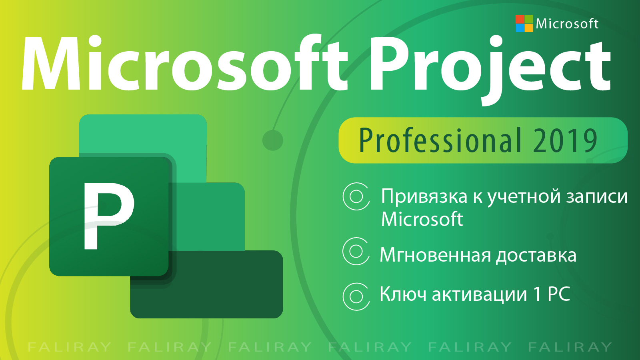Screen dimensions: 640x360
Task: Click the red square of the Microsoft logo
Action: (x=520, y=19)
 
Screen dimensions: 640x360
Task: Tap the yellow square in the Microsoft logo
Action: (x=529, y=28)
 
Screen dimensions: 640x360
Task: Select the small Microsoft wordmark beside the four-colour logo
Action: (x=567, y=24)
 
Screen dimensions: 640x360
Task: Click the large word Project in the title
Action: (x=490, y=68)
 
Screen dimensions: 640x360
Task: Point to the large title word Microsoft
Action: (x=184, y=62)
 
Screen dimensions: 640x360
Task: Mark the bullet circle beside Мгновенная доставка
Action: (x=356, y=252)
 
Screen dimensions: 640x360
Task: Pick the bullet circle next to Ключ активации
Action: (x=356, y=296)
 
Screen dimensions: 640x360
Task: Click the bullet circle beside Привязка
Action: (x=356, y=196)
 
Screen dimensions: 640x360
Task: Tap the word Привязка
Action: (x=424, y=197)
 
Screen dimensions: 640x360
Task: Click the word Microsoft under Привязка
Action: (x=422, y=219)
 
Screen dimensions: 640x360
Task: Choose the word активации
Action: (x=479, y=294)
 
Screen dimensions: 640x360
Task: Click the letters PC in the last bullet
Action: (x=558, y=294)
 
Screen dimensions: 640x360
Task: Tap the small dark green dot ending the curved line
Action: (x=272, y=140)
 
